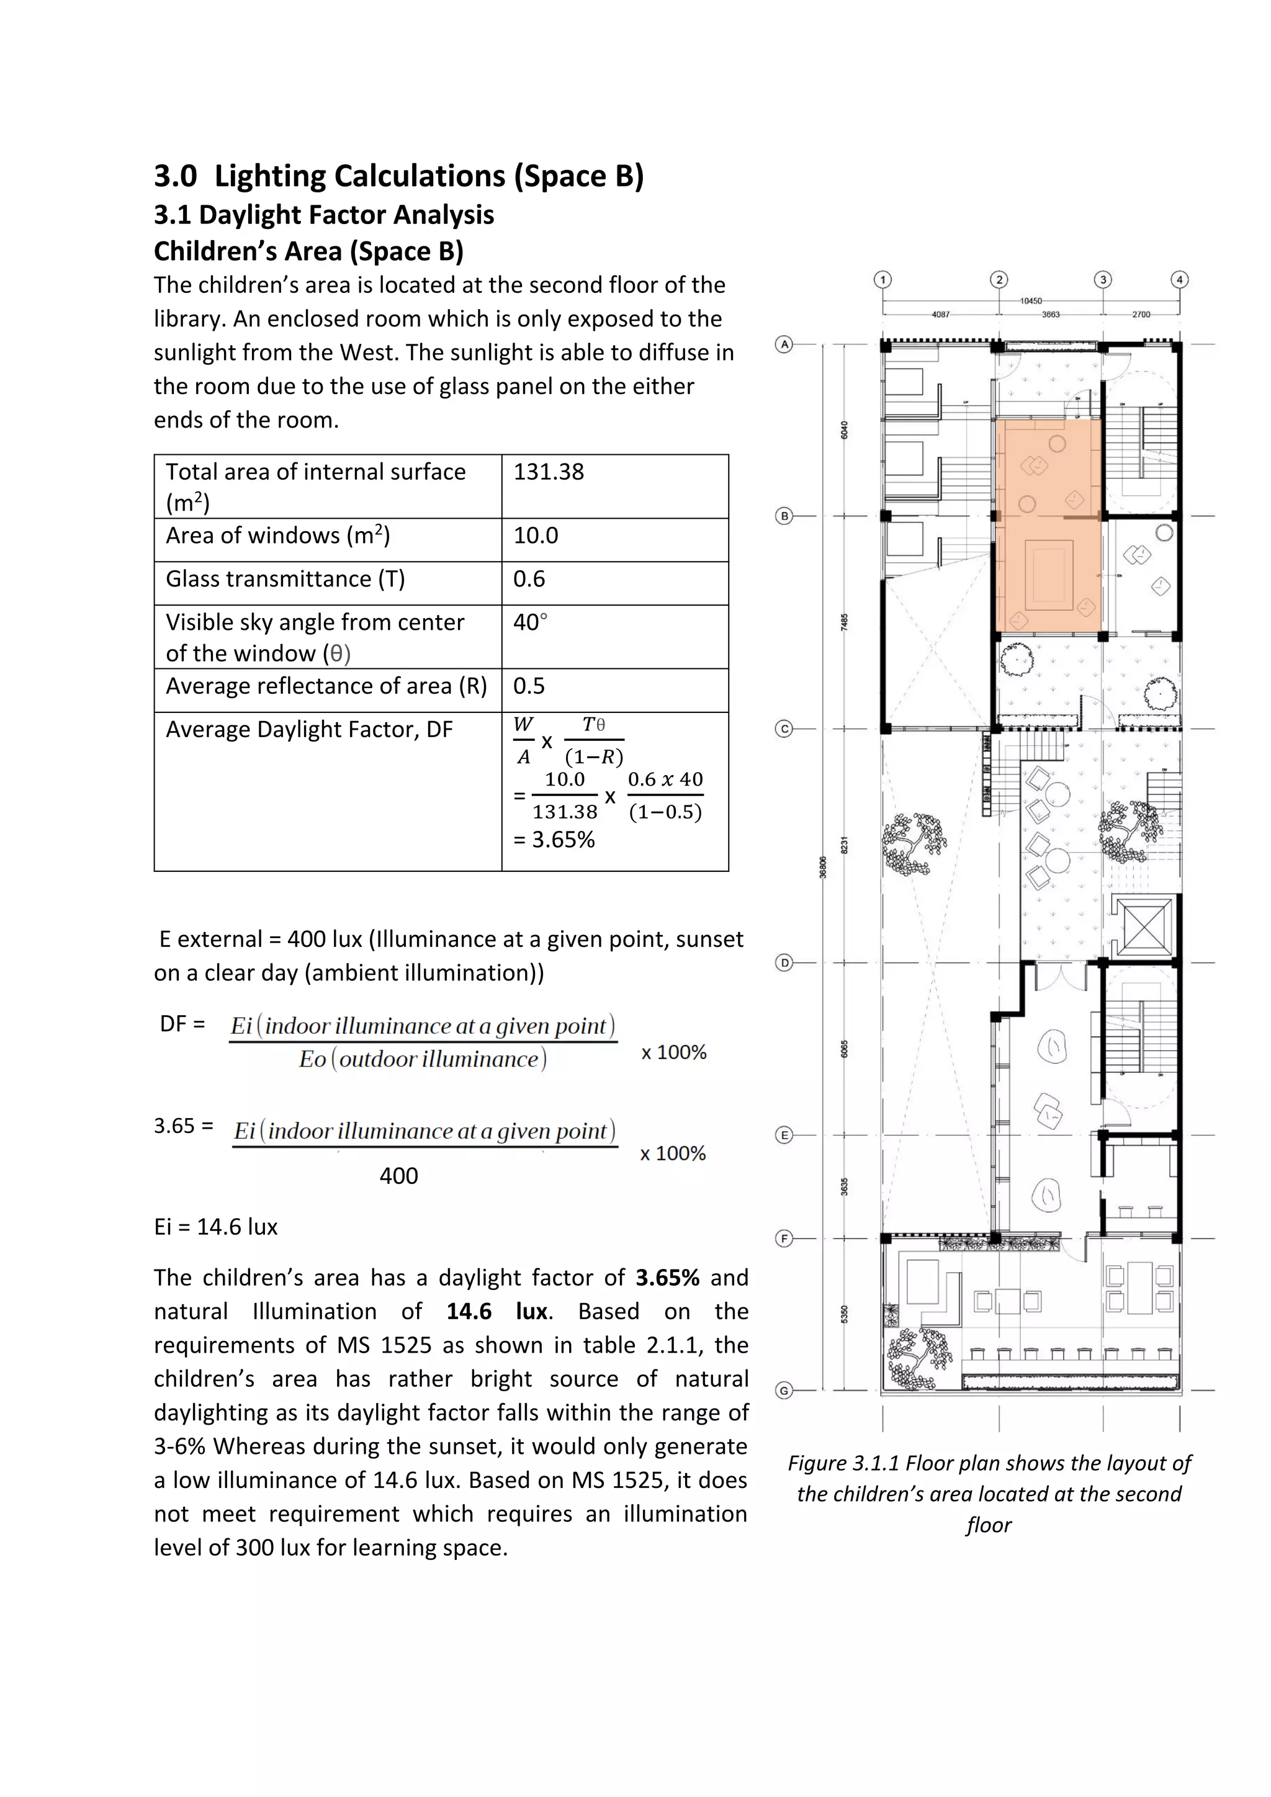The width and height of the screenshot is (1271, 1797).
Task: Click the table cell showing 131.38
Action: click(x=549, y=472)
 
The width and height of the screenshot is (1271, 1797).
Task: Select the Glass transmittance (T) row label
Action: click(x=285, y=579)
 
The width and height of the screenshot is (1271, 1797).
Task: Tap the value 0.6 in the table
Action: click(x=529, y=579)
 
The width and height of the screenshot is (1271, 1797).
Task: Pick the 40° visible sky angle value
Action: click(x=530, y=622)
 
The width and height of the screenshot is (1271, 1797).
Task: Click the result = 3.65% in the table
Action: click(x=554, y=840)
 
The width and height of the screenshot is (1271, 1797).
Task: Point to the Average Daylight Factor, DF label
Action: click(x=309, y=730)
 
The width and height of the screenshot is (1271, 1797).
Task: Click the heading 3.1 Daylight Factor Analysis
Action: click(x=323, y=215)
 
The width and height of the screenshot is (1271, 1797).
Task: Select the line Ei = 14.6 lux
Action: click(x=215, y=1226)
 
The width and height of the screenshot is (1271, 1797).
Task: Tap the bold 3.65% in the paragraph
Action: click(x=667, y=1277)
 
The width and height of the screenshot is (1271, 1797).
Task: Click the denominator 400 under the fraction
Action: click(x=398, y=1176)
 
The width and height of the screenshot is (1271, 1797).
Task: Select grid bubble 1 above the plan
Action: click(x=883, y=279)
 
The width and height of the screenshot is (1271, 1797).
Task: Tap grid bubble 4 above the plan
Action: click(x=1179, y=279)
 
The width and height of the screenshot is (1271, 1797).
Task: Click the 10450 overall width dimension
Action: click(x=1031, y=300)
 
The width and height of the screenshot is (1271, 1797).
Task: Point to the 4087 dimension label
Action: click(x=940, y=315)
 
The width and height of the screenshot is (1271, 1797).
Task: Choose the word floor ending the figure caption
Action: click(x=989, y=1525)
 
